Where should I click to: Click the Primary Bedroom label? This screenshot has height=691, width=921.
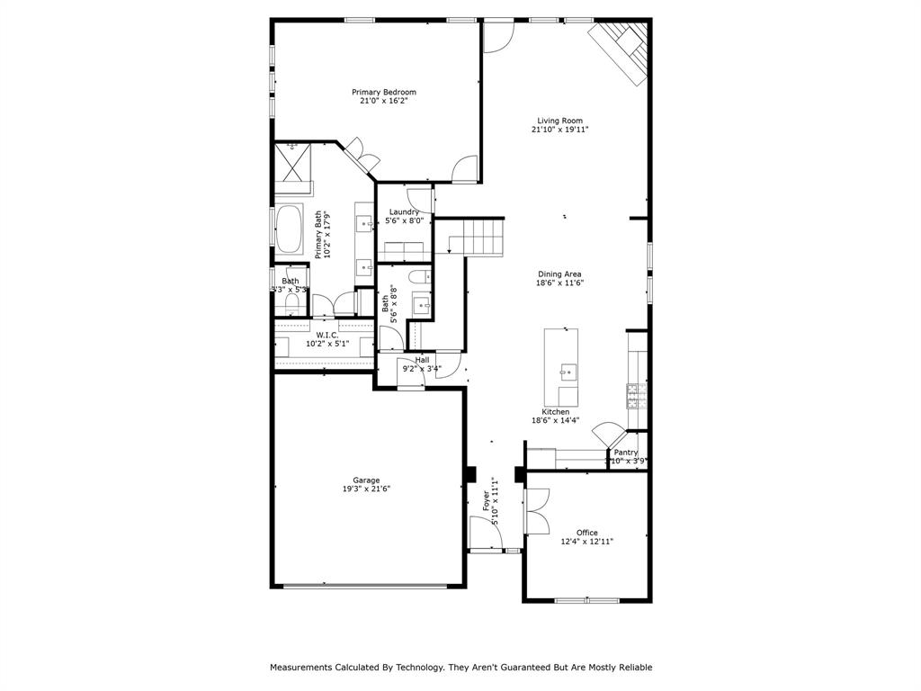coord(383,92)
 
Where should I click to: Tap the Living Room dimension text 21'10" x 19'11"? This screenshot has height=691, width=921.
coord(560,130)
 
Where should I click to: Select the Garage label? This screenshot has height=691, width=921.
coord(366,480)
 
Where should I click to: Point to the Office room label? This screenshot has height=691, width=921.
coord(587,533)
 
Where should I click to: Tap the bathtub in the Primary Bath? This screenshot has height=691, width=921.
coord(289,229)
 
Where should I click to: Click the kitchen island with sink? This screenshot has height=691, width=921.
coord(560,368)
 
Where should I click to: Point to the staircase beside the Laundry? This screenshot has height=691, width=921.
coord(477,238)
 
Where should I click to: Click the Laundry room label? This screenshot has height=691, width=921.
coord(404,212)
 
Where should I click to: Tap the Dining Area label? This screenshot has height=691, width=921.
coord(560,274)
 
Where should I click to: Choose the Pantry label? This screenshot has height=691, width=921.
coord(626,453)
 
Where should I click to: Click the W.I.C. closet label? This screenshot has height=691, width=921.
coord(326,335)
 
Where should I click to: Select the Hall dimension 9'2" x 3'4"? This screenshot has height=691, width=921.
coord(421,368)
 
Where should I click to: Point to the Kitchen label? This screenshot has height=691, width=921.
coord(555,412)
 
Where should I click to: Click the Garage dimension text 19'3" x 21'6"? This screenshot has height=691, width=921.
coord(366,489)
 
